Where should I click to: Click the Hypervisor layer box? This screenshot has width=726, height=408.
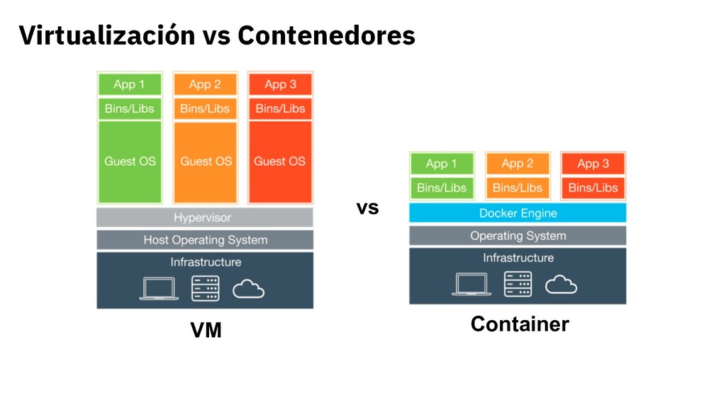click(x=204, y=217)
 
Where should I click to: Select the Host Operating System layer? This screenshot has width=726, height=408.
click(x=204, y=240)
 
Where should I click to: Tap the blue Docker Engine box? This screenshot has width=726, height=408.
click(x=518, y=213)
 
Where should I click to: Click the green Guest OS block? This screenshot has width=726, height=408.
click(x=130, y=161)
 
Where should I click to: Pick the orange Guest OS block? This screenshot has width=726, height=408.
click(x=206, y=161)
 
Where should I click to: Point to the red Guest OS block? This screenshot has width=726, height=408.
click(x=280, y=161)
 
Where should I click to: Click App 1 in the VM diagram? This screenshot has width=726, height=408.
click(x=130, y=85)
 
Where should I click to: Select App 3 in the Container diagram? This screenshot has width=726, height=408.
click(x=593, y=164)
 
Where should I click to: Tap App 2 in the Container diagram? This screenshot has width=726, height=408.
click(x=518, y=164)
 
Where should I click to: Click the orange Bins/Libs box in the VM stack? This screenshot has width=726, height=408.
click(x=206, y=108)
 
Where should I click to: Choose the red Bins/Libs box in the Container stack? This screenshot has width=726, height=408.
click(x=593, y=188)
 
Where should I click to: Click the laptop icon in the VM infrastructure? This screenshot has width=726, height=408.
click(x=159, y=288)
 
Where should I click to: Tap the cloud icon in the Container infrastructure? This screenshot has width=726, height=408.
click(x=561, y=285)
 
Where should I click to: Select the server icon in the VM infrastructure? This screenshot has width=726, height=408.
click(x=206, y=288)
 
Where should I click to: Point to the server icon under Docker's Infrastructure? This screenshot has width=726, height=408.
click(x=518, y=284)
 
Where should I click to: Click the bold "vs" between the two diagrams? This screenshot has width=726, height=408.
click(x=367, y=208)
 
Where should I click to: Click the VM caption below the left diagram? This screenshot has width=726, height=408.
click(x=206, y=330)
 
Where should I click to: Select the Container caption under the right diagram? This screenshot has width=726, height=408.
click(x=520, y=324)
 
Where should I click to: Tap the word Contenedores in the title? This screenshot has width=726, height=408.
click(x=326, y=35)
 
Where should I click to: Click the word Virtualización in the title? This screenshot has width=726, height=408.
click(x=106, y=35)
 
